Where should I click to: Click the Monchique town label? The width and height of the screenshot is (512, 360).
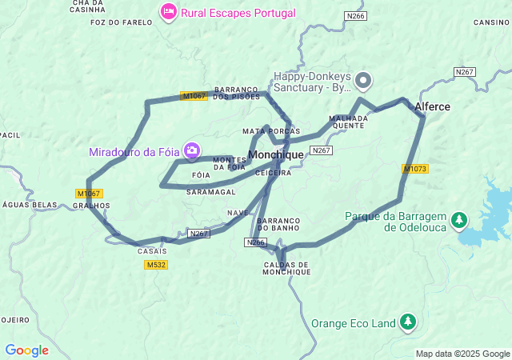pos(276,154)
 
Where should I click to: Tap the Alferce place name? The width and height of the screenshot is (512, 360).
pos(432,106)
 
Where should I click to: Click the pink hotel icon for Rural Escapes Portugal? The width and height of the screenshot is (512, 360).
pos(169,12)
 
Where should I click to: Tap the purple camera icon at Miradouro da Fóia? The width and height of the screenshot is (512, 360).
pos(192,150)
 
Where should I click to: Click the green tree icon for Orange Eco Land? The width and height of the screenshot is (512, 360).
pos(408,322)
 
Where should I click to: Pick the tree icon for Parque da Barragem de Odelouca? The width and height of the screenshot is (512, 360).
pos(459,219)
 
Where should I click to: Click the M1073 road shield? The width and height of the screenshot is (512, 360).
pos(414,169)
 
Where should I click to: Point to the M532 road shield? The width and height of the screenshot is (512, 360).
pos(157,265)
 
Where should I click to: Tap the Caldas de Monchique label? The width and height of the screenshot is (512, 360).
pos(286,268)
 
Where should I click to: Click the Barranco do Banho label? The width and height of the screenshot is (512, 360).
pos(280,224)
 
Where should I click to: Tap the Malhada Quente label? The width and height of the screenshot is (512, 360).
pos(349,122)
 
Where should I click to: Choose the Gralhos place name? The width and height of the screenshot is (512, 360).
pos(91,205)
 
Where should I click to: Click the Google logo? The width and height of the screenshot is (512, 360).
pos(26,350)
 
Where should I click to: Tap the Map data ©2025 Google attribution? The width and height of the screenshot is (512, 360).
pos(462,354)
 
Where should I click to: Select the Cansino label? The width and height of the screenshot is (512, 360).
pos(491,22)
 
